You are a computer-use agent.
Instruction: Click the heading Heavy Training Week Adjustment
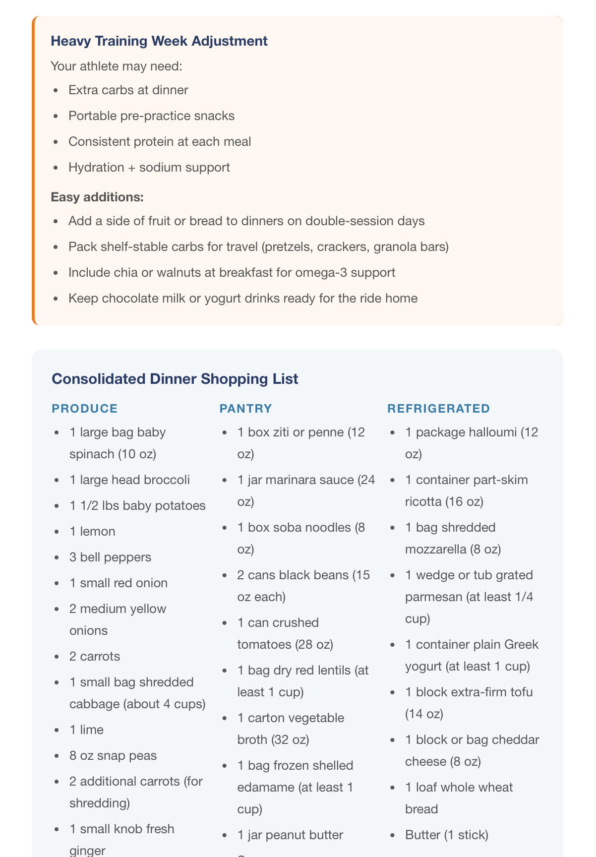pos(159,41)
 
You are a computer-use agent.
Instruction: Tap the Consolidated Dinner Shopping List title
pos(175,379)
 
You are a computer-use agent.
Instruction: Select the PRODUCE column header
pos(85,409)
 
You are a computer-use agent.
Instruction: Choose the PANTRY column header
pos(246,409)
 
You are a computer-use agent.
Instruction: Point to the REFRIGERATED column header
pos(438,409)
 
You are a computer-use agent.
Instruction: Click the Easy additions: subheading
pos(97,197)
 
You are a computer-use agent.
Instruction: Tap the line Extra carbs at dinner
pos(128,90)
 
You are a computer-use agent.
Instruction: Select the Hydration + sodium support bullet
pos(149,168)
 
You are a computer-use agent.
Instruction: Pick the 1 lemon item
pos(92,532)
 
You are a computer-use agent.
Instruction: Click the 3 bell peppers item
pos(110,557)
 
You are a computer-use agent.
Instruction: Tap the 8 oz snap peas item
pos(113,756)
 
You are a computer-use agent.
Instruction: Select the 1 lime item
pos(86,730)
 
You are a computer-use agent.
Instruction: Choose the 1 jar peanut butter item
pos(290,835)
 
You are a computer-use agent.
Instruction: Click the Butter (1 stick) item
pos(446,835)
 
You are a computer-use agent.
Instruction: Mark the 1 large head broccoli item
pos(129,480)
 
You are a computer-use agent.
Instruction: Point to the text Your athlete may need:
pos(117,66)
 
